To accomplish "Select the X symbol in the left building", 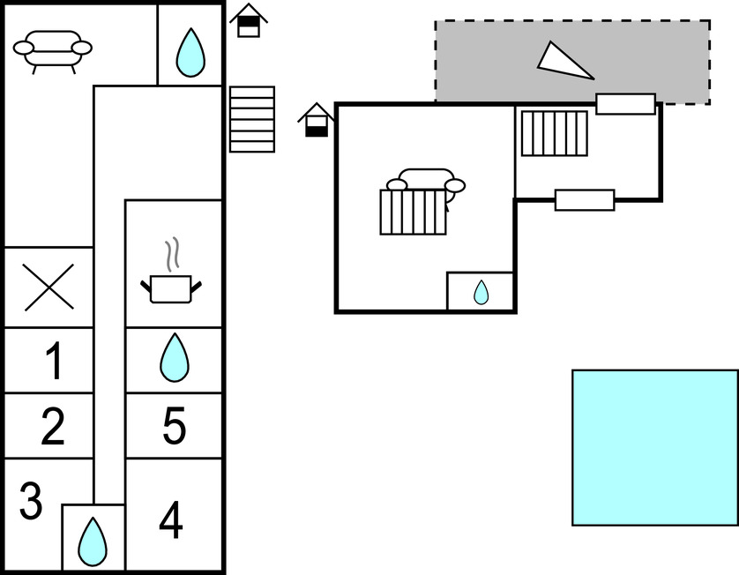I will pos(49,287).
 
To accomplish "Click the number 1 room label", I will pos(54,362).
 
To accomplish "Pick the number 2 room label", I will pos(53,427).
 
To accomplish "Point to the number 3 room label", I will pos(31,501).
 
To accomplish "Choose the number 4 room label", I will pos(171,520).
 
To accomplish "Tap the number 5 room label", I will pos(175,427).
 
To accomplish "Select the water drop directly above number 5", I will pos(174,357).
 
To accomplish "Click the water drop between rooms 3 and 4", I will pos(93,541).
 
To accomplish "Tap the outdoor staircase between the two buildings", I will pos(252,119).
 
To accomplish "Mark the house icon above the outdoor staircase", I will pos(250,21).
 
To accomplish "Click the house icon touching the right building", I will pos(316,121).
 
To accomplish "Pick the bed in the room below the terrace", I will pos(554,132).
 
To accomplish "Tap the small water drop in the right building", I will pos(481,292).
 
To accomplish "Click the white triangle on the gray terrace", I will pos(563,61).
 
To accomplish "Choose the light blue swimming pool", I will pos(654,447).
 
